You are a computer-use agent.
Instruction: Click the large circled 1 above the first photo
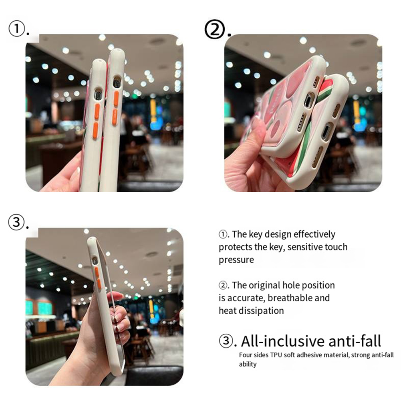[17, 28]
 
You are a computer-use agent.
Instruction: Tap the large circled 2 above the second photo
[215, 29]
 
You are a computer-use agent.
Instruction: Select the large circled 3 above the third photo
[16, 222]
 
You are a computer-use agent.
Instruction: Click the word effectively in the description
[314, 234]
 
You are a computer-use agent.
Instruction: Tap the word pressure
[236, 260]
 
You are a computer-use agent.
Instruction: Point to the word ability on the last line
[248, 364]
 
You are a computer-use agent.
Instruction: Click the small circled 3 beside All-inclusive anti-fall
[226, 341]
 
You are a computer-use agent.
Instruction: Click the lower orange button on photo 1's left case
[95, 131]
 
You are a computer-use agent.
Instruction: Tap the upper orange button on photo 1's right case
[116, 99]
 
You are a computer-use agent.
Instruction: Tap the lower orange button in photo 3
[99, 284]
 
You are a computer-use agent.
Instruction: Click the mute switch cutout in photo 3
[95, 261]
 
